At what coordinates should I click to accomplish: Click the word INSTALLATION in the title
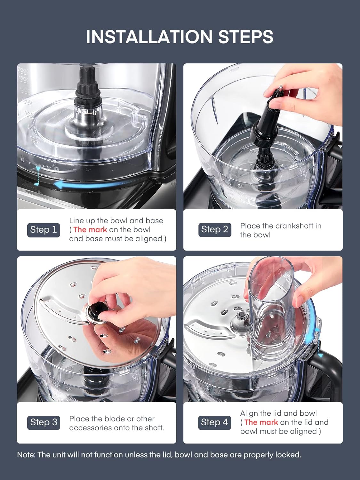149,36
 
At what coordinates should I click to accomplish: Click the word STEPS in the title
246,36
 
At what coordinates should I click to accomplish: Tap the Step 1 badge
44,230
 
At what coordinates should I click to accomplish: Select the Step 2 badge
215,230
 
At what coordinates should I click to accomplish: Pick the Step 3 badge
44,422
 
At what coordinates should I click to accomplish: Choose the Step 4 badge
214,422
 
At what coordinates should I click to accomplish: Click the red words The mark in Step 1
90,230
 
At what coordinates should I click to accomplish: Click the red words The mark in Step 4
261,422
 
